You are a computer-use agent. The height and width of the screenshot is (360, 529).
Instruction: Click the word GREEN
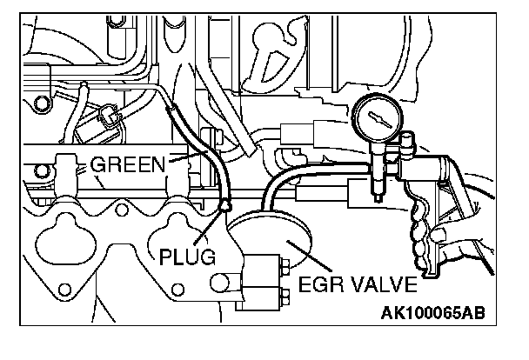pyautogui.click(x=129, y=163)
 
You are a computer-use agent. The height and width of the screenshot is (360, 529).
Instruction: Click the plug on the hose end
pyautogui.click(x=226, y=206)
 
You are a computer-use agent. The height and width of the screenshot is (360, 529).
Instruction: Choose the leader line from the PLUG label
pyautogui.click(x=210, y=230)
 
